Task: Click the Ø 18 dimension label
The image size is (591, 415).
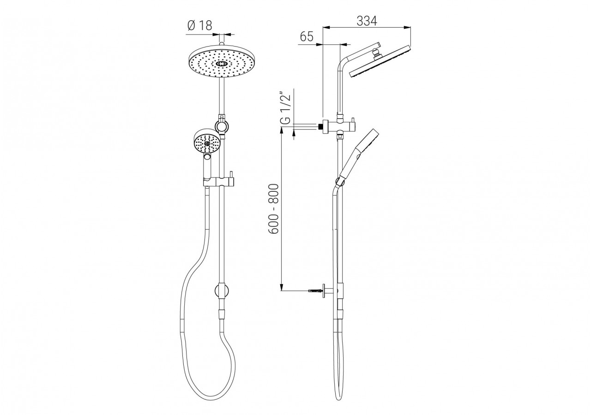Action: point(200,25)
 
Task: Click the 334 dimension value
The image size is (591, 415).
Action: point(367,21)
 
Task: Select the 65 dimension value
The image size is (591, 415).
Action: point(307,37)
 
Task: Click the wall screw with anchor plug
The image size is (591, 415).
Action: point(315,290)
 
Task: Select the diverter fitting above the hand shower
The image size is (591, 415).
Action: point(222,125)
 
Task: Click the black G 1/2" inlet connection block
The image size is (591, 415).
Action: point(320,125)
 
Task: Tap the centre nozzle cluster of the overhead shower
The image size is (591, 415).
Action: point(222,64)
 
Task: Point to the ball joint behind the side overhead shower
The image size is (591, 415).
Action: point(378,55)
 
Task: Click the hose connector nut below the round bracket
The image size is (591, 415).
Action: point(222,314)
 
